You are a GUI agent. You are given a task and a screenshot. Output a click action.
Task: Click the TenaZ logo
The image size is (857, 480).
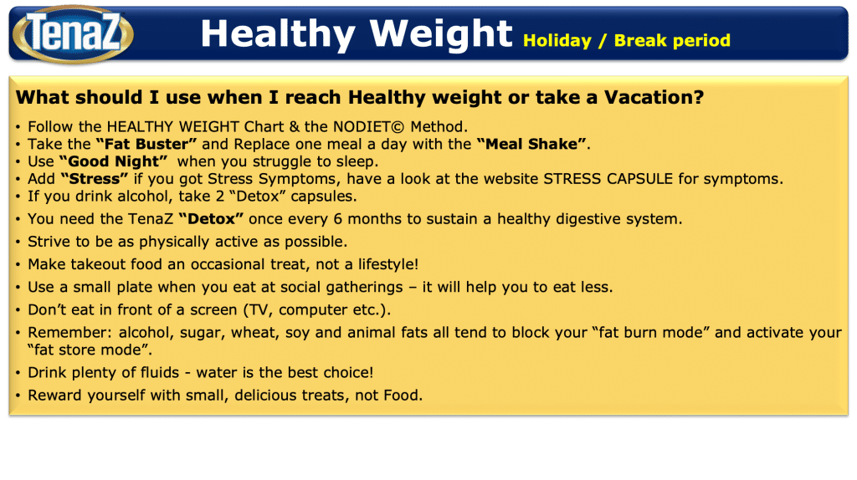(x=73, y=33)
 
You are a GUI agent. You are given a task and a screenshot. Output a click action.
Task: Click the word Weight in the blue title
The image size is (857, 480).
(x=441, y=34)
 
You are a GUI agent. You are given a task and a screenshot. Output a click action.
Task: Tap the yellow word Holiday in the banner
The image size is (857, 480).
(x=557, y=41)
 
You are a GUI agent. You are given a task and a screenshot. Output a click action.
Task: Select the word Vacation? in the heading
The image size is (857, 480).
(x=654, y=97)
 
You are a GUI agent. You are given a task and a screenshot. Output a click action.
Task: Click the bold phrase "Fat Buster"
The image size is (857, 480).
(x=146, y=144)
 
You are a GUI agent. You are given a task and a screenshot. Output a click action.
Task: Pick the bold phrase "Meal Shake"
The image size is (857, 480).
(x=531, y=144)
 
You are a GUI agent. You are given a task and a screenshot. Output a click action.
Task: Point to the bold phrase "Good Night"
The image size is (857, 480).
(x=113, y=161)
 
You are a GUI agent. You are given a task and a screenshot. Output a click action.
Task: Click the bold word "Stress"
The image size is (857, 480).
(x=95, y=179)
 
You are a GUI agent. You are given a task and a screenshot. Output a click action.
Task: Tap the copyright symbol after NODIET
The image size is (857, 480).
(x=398, y=127)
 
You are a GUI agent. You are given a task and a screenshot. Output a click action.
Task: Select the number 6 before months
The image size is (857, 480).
(x=338, y=219)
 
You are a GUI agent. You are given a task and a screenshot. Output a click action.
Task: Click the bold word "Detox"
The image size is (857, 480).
(x=211, y=219)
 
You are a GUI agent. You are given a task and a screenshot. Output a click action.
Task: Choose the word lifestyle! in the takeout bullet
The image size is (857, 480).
(x=388, y=264)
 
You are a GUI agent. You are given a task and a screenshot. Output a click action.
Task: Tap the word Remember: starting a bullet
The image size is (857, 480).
(x=70, y=333)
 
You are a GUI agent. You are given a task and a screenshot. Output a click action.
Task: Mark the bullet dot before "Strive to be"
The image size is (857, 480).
(x=18, y=242)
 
